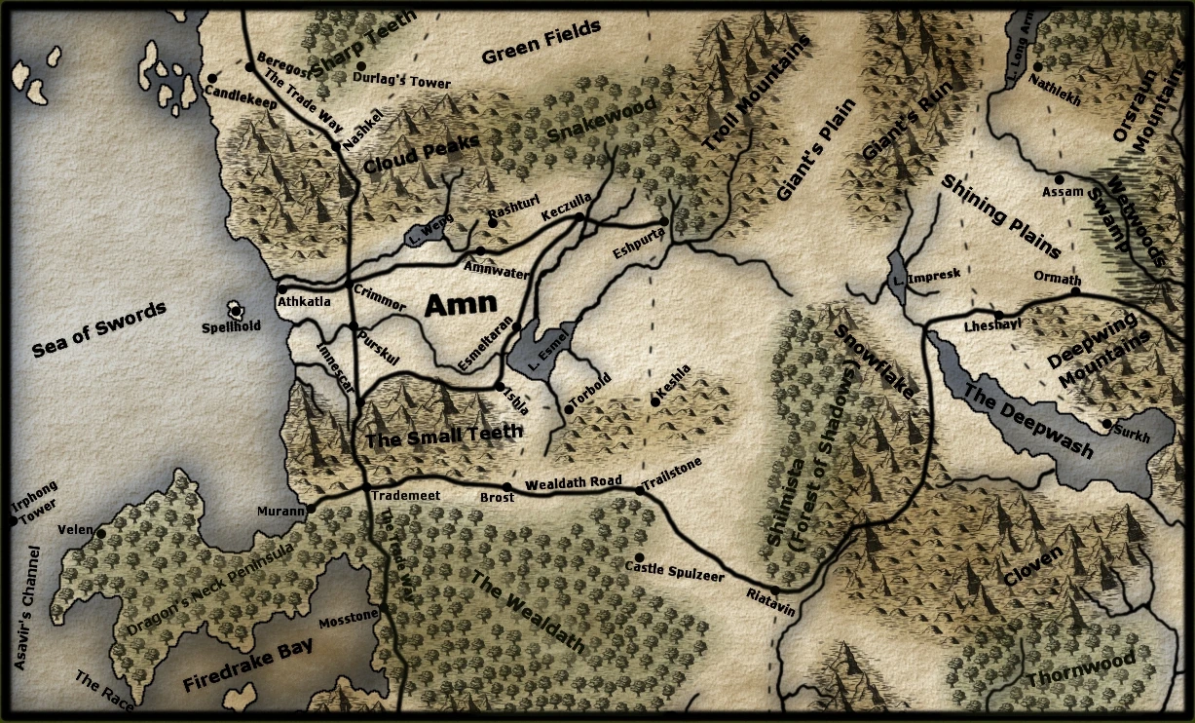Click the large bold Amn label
tap(462, 305)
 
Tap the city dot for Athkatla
tap(281, 288)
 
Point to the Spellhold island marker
tap(235, 309)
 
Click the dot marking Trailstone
tap(640, 490)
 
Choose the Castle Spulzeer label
tap(674, 571)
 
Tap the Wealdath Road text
tap(573, 482)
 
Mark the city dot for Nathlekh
tap(1038, 67)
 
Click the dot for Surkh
tap(1106, 424)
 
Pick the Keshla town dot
tap(655, 400)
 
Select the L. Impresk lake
tap(896, 271)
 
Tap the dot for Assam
tap(1060, 179)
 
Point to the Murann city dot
tap(313, 509)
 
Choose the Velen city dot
tap(100, 532)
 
